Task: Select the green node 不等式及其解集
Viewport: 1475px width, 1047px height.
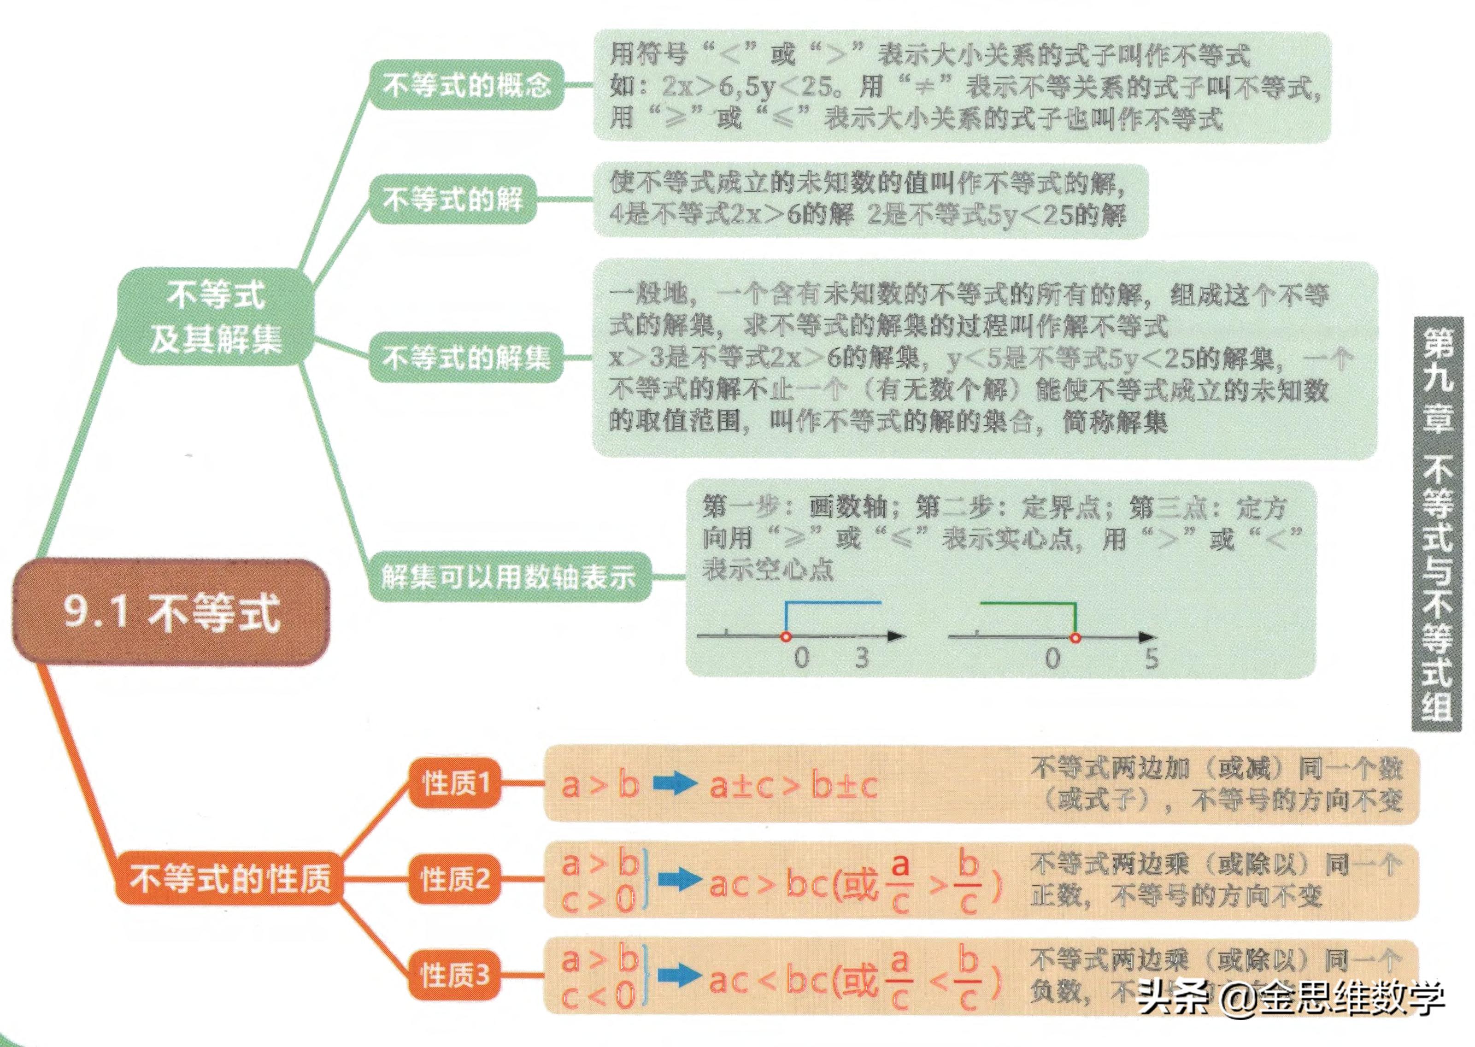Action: click(x=216, y=317)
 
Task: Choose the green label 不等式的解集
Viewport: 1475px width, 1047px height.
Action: click(x=466, y=358)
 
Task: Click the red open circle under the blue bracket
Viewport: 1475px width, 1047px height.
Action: click(x=785, y=637)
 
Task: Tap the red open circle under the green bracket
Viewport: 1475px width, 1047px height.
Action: click(x=1075, y=638)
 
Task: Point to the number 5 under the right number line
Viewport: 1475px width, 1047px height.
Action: click(x=1152, y=658)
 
